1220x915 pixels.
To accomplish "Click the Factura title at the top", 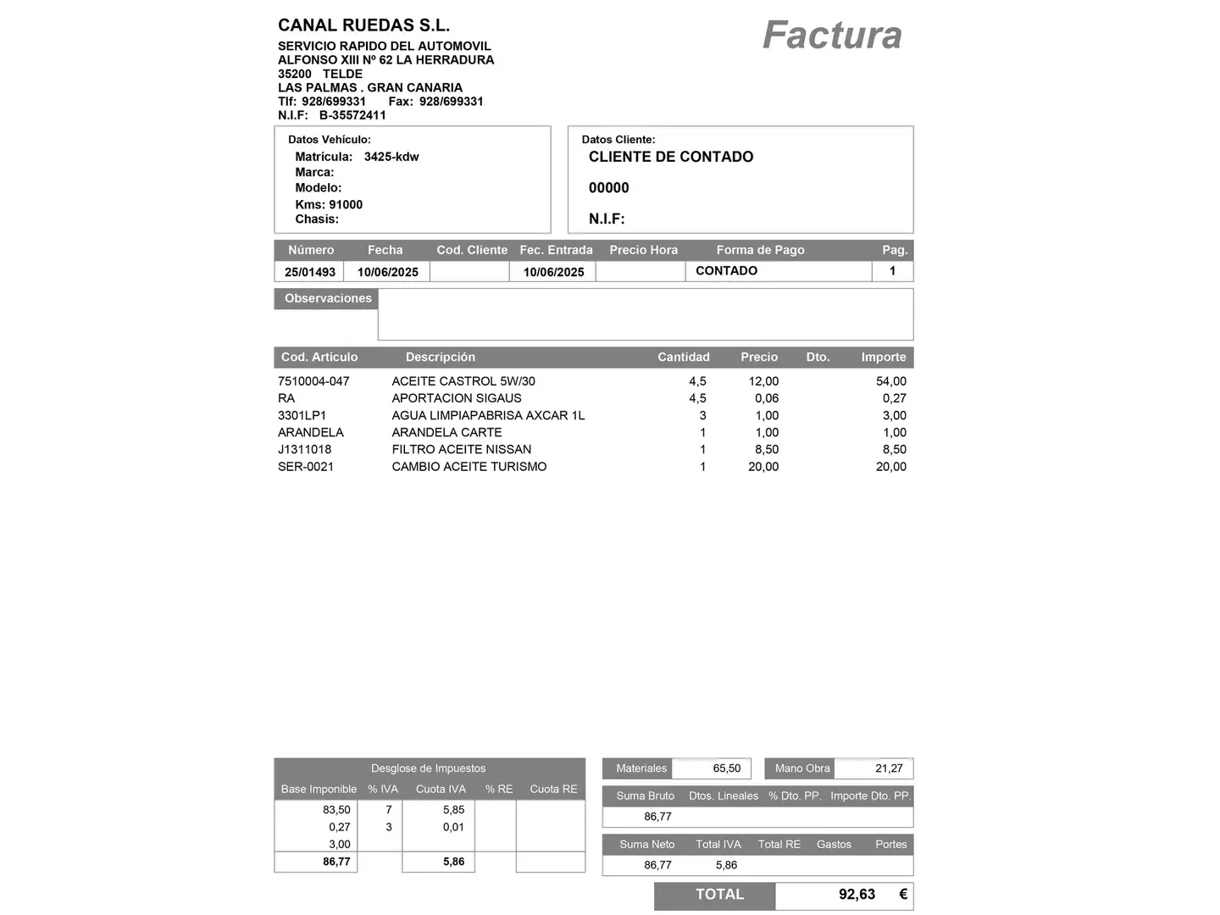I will pos(832,36).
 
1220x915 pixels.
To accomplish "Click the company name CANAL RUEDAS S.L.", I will pos(363,25).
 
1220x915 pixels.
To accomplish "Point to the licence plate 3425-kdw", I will pos(391,157).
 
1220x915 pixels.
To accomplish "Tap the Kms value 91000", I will pos(346,204).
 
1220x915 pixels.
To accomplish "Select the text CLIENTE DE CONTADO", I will pos(671,157).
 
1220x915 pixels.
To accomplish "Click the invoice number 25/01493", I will pos(310,272).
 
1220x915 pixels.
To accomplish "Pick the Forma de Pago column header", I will pos(760,250).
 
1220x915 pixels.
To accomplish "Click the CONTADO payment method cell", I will pos(726,271).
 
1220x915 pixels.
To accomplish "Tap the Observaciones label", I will pos(328,298).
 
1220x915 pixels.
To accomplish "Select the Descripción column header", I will pos(440,357).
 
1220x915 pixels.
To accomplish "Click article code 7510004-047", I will pos(313,381).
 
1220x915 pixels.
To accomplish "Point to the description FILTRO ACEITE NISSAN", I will pos(462,449).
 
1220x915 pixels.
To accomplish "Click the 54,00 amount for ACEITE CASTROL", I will pos(890,381).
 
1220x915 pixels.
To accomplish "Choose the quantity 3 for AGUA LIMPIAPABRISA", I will pos(702,415).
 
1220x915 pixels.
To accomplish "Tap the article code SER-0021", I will pos(306,466).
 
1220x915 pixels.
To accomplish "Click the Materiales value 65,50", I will pos(726,768).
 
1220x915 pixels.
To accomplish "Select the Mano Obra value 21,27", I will pos(889,768).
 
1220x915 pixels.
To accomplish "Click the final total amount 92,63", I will pos(857,895).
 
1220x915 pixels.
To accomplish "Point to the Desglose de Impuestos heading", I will pos(428,768).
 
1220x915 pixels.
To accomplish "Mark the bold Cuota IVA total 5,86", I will pos(453,862).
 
